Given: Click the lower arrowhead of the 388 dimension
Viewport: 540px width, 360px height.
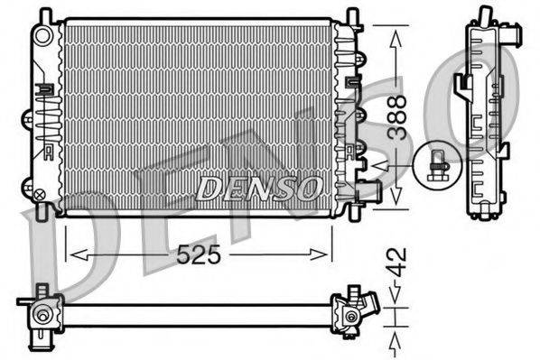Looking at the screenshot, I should pos(395,203).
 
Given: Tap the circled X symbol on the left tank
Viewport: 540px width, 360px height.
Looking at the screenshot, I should pos(39,191).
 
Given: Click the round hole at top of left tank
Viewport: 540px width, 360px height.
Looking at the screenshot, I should pos(42,35).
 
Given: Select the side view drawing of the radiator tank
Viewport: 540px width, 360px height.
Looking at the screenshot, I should pos(487,117).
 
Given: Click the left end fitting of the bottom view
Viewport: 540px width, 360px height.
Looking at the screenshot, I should pos(42,316).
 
